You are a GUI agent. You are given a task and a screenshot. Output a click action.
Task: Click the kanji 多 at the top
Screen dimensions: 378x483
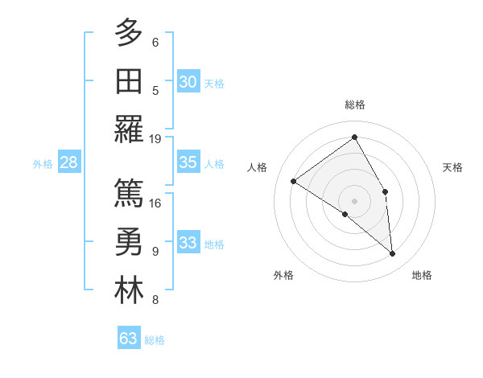tap(129, 34)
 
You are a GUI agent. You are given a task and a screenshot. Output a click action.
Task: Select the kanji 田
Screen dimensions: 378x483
tap(129, 80)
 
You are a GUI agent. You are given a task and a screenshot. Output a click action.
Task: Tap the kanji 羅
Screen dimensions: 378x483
tap(129, 129)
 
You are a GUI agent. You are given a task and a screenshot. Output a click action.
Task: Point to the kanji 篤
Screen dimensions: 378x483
tap(129, 193)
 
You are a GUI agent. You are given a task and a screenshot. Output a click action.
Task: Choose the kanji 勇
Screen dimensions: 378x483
tap(129, 242)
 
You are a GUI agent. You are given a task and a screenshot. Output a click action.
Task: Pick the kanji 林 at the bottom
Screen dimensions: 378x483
tap(129, 290)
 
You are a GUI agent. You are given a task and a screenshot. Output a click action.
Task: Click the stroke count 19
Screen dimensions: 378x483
tap(155, 138)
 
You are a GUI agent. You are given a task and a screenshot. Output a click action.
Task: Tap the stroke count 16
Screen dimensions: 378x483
tap(155, 203)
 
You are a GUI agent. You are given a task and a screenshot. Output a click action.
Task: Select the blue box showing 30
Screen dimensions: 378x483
tap(188, 81)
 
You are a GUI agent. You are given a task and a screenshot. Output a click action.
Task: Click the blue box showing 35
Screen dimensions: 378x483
tap(188, 162)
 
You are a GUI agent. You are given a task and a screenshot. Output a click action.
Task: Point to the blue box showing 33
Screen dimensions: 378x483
tap(188, 243)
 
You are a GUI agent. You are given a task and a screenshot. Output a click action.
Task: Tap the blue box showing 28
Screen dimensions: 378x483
tap(68, 162)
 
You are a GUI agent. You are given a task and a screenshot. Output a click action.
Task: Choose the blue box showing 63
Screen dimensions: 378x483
tap(129, 339)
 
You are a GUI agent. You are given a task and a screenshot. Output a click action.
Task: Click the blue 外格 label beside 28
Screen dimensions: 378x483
tap(43, 164)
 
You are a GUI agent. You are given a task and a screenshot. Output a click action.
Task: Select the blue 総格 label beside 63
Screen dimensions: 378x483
tap(155, 340)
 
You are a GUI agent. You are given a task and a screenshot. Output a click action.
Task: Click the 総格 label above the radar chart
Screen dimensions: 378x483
tap(354, 105)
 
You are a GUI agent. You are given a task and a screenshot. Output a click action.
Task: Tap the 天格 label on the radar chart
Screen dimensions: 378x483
tap(452, 167)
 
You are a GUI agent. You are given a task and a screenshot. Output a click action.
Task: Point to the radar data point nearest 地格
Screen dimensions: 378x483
tap(392, 254)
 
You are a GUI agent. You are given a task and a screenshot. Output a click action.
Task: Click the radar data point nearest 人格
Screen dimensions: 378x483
tap(294, 181)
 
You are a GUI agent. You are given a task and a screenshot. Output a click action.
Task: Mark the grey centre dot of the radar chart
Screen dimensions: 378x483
tap(354, 200)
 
